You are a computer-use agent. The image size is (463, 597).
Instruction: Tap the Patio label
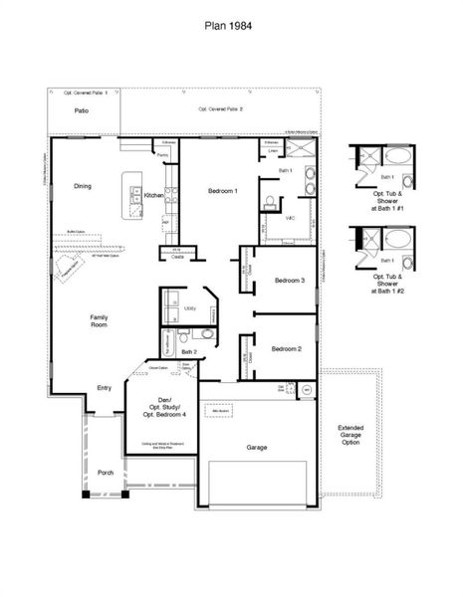(x=82, y=110)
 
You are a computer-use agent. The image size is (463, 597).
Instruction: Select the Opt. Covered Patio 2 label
(x=220, y=108)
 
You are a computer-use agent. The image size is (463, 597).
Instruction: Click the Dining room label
(x=82, y=186)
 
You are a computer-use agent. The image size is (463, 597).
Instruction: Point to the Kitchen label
(x=153, y=196)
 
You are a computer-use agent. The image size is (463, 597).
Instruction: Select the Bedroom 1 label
(x=222, y=190)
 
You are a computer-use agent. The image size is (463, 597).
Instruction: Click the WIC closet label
(x=291, y=217)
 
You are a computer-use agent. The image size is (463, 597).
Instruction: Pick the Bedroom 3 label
(x=289, y=280)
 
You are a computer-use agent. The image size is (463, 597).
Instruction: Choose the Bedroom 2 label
(x=287, y=348)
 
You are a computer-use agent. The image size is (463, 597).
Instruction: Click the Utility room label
(x=190, y=309)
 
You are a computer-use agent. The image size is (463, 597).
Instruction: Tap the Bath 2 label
(x=189, y=351)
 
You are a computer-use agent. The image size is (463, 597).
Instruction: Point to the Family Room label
(x=99, y=320)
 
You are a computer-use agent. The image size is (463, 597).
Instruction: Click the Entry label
(x=104, y=388)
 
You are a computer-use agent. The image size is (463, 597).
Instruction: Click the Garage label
(x=257, y=448)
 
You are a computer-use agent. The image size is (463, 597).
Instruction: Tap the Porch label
(x=105, y=473)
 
